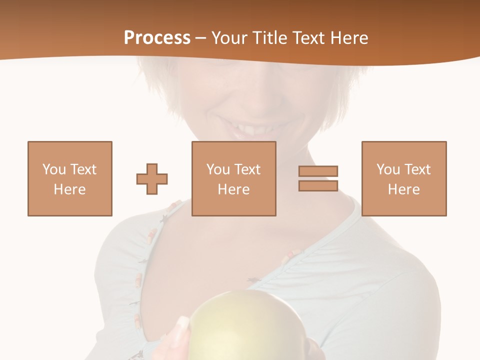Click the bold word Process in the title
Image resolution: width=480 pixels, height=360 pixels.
(x=157, y=38)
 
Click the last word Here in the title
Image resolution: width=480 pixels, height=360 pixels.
(x=349, y=38)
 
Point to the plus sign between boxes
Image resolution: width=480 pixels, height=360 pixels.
(x=152, y=178)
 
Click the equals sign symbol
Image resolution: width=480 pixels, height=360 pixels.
(x=318, y=178)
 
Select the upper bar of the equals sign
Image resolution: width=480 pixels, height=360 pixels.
(x=318, y=171)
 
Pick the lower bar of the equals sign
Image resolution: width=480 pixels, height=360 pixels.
(x=318, y=186)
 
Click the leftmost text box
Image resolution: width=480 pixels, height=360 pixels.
(x=70, y=178)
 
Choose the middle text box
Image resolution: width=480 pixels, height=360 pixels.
(x=234, y=178)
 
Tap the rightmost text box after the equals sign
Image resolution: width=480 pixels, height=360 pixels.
(x=404, y=178)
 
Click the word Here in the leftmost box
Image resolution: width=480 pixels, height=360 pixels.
(x=70, y=189)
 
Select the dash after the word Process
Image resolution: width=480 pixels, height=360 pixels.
(x=201, y=38)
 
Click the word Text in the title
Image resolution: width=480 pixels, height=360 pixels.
(x=309, y=38)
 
